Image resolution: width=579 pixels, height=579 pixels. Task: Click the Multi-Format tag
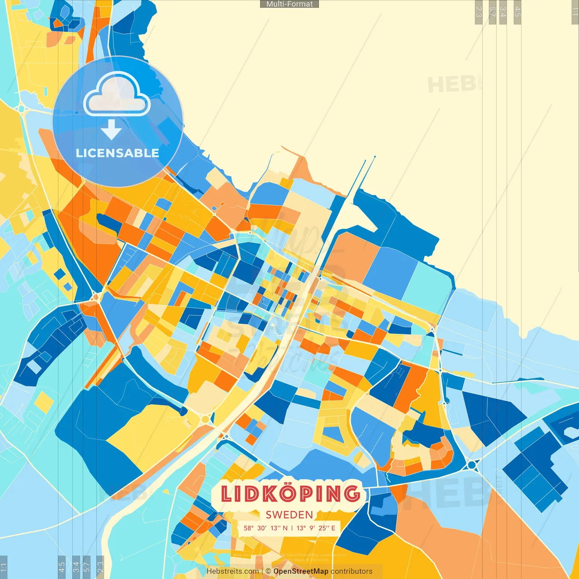(289, 4)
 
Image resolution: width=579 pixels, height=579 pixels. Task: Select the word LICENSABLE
(117, 153)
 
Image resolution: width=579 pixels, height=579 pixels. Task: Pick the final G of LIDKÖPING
(351, 494)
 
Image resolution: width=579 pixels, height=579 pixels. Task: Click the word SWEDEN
(289, 515)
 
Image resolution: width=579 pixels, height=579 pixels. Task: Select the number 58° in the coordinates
(248, 528)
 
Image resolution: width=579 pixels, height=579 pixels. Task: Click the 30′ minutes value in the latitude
(262, 528)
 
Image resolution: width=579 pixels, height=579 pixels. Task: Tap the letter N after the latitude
(285, 528)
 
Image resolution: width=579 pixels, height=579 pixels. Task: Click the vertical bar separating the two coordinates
(292, 528)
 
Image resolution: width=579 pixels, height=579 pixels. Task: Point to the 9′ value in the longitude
(312, 528)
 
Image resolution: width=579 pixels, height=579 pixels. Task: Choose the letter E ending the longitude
(333, 528)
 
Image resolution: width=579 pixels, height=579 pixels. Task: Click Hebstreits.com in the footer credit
(233, 571)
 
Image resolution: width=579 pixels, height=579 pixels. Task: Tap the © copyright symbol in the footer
(268, 571)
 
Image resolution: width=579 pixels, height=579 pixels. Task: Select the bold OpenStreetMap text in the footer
(300, 571)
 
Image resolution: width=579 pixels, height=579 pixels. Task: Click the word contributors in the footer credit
(351, 571)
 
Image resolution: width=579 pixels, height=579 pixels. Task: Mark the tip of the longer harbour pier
(375, 157)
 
